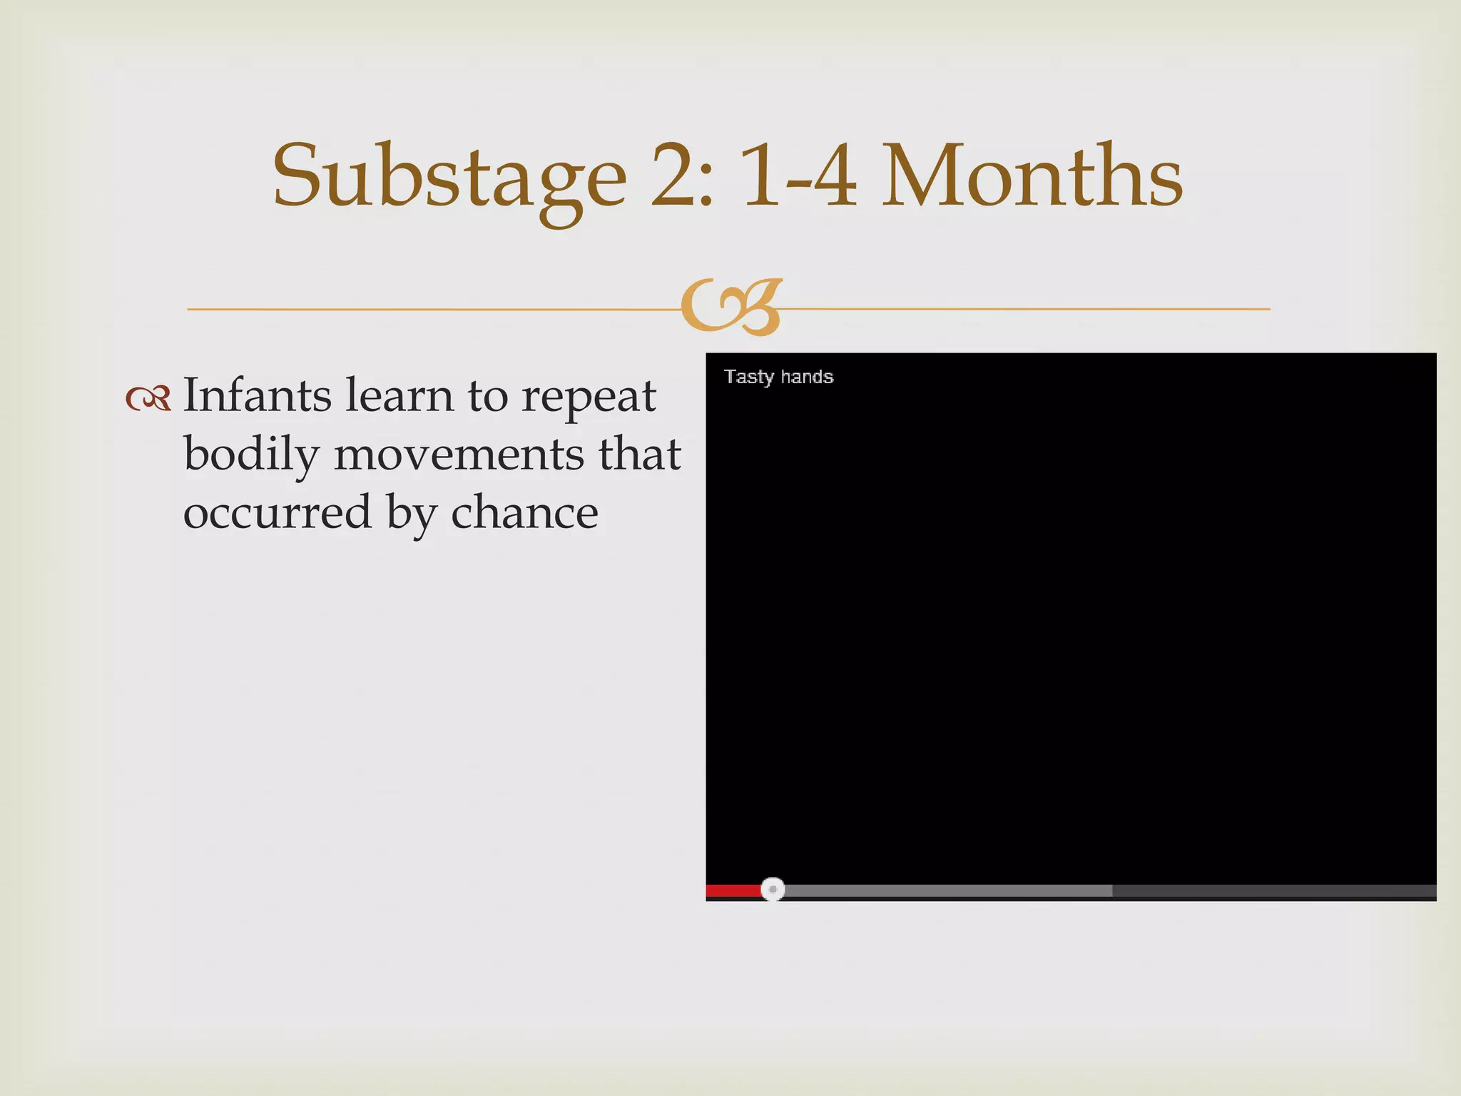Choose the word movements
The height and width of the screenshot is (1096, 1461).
click(458, 455)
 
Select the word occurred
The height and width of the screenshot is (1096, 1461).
click(278, 513)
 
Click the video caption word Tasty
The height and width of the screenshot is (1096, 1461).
click(748, 377)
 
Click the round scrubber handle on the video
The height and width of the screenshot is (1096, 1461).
click(773, 889)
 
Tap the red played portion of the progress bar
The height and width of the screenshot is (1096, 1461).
click(733, 890)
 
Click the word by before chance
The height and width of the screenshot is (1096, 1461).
click(411, 515)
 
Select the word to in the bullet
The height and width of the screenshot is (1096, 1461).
click(487, 397)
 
